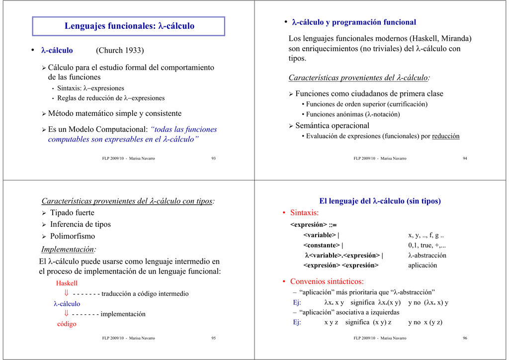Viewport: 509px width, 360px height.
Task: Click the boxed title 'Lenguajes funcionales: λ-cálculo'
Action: tap(129, 26)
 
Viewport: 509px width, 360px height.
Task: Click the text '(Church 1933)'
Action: tap(120, 50)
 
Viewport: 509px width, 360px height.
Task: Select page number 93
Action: tap(213, 158)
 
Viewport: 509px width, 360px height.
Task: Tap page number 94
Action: tap(465, 158)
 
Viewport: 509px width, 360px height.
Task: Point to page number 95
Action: tap(213, 338)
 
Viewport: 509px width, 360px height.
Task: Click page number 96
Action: tap(465, 338)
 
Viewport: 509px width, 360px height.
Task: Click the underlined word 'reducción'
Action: tap(446, 136)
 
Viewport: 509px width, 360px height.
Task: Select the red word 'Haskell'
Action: tap(67, 283)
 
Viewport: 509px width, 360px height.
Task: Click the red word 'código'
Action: tap(67, 324)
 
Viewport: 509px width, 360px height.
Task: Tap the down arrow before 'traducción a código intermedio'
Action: tap(66, 293)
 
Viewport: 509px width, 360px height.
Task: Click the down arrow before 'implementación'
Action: tap(66, 313)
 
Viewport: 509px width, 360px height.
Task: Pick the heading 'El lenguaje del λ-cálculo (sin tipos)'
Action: tap(380, 201)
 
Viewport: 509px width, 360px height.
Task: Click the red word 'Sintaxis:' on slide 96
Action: tap(304, 213)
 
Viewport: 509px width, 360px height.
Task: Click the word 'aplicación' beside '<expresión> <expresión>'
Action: tap(423, 265)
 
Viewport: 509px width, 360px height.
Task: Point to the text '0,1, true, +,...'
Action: tap(427, 245)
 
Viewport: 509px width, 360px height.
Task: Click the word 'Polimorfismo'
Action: tap(72, 236)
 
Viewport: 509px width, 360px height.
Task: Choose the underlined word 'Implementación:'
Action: tap(69, 249)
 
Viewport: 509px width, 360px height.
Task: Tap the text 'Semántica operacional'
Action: tap(332, 126)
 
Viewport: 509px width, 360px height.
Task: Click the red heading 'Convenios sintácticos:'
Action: tap(327, 281)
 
